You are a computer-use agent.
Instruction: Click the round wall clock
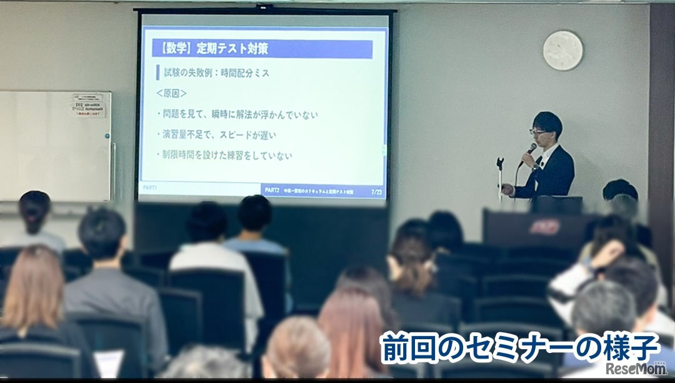pos(562,50)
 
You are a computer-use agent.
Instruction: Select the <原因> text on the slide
pos(172,93)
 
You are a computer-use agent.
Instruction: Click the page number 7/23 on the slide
pos(376,191)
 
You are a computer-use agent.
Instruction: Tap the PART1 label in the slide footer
pos(149,188)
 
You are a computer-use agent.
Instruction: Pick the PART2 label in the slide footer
pos(272,191)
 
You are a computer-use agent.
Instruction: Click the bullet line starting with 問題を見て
pos(237,115)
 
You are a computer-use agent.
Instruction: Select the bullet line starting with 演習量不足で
pos(219,135)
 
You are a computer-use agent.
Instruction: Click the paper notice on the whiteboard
pos(88,105)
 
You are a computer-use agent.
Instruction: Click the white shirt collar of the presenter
pos(547,152)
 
